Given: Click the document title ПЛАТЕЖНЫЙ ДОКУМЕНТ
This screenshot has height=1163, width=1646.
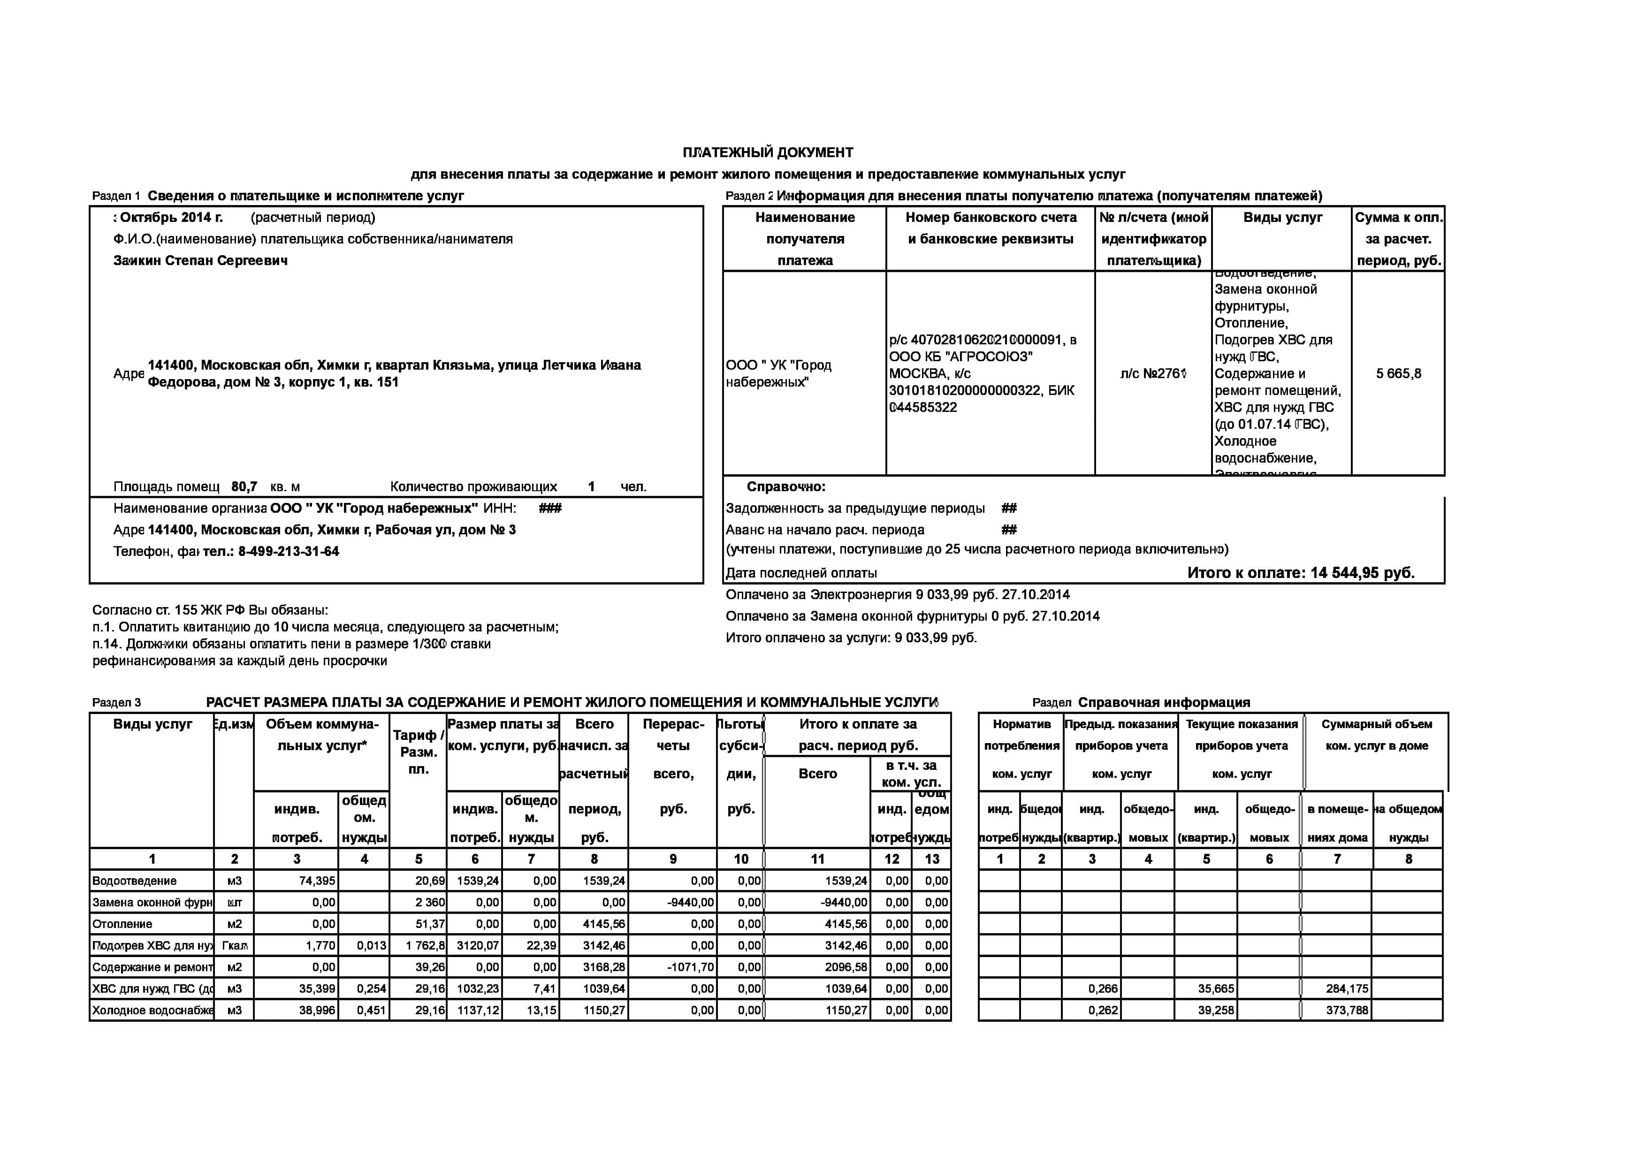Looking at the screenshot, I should pos(768,152).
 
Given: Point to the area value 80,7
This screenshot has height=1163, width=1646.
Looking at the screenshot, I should pos(244,486).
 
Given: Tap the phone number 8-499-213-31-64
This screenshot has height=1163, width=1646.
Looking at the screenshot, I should pos(288,551).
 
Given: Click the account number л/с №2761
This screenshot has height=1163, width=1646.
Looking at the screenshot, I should pos(1153,373).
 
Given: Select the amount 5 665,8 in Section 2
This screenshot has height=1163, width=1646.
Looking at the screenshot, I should pos(1398,373).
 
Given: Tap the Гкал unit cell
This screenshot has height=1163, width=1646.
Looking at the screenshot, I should pos(235,945).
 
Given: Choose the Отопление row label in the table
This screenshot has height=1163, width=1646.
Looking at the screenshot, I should pos(122,924).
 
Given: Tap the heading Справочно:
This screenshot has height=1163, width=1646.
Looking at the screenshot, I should pos(786,486).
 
